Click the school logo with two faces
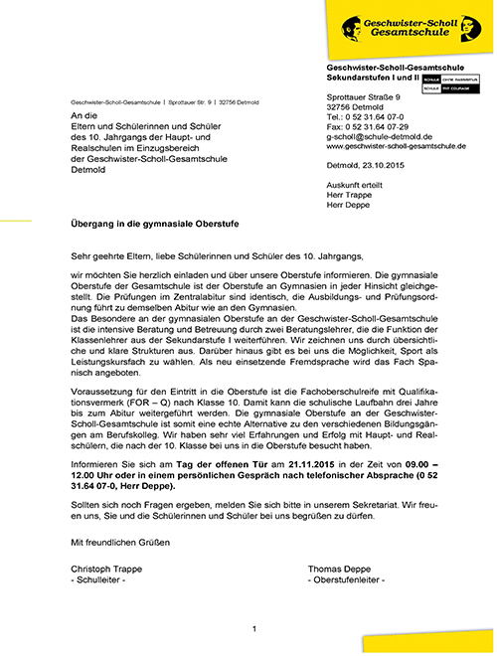pos(358,26)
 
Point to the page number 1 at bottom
pos(254,628)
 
